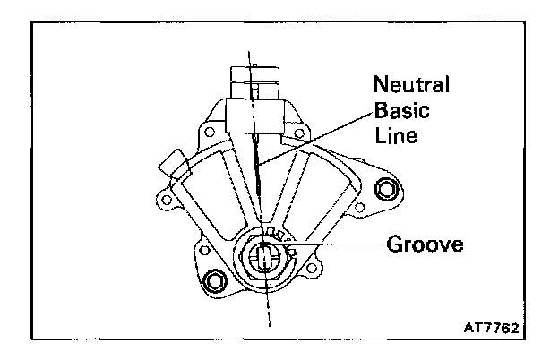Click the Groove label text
[x=426, y=244]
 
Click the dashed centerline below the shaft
[x=268, y=309]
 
